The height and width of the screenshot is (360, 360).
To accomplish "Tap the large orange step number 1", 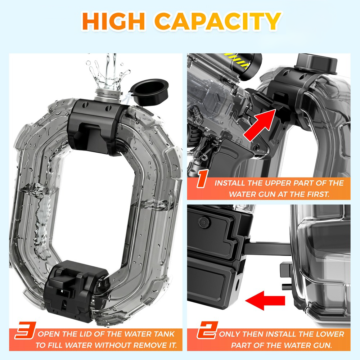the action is point(202,179).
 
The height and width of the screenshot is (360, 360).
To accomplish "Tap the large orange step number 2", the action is point(207,330).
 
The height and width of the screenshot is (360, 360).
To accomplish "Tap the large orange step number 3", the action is point(26,330).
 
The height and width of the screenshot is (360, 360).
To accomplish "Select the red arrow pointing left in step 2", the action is point(265,301).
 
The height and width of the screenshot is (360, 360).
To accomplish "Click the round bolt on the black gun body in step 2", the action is point(203,222).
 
